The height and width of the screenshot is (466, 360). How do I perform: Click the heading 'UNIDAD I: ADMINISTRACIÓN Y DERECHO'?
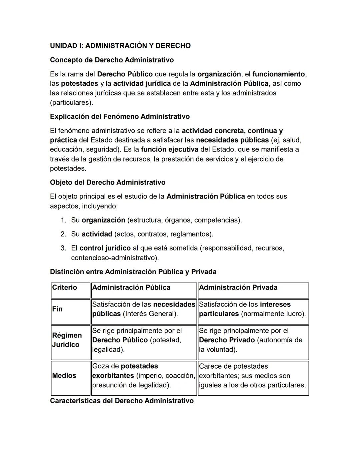[120, 46]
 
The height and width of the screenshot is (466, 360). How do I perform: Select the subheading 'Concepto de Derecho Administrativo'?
[112, 60]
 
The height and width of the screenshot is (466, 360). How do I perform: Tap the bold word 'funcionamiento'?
[278, 74]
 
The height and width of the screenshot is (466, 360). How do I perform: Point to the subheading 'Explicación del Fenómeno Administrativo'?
[120, 116]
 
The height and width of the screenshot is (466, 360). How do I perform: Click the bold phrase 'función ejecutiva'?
[169, 149]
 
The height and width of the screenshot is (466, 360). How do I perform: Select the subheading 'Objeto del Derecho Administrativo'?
[107, 182]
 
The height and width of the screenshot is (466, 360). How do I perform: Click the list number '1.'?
[63, 220]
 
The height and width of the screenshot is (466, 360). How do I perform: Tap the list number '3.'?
[63, 248]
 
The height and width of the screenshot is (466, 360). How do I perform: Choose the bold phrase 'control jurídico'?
[105, 248]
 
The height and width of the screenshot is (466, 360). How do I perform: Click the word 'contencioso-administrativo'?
[114, 258]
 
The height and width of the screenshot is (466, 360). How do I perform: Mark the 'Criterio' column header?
[64, 288]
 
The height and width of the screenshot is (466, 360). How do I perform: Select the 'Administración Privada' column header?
[238, 288]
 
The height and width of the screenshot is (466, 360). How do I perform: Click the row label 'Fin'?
[57, 309]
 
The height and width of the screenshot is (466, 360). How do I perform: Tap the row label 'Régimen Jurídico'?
[67, 340]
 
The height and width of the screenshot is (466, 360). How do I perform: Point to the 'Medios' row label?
[64, 376]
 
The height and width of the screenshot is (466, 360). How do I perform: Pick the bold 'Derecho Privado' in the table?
[227, 340]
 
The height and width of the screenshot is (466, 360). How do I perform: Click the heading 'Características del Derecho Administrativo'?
[122, 401]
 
